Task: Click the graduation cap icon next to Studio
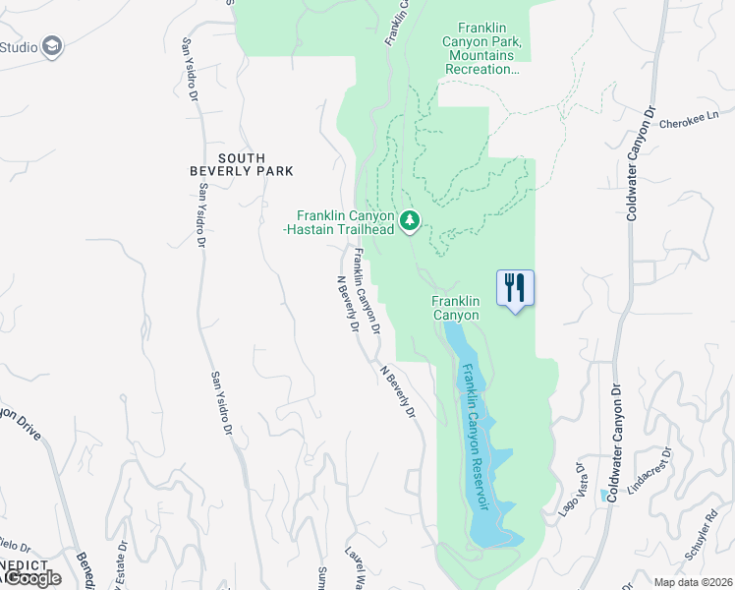tap(52, 46)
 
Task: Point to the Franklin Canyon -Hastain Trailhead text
tap(346, 222)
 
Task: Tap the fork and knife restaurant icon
tap(515, 287)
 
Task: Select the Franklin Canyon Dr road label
tap(367, 286)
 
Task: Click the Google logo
tap(32, 578)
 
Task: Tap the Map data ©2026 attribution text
tap(694, 582)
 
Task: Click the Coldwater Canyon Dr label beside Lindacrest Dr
tap(615, 443)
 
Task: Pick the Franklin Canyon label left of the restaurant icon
tap(456, 308)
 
